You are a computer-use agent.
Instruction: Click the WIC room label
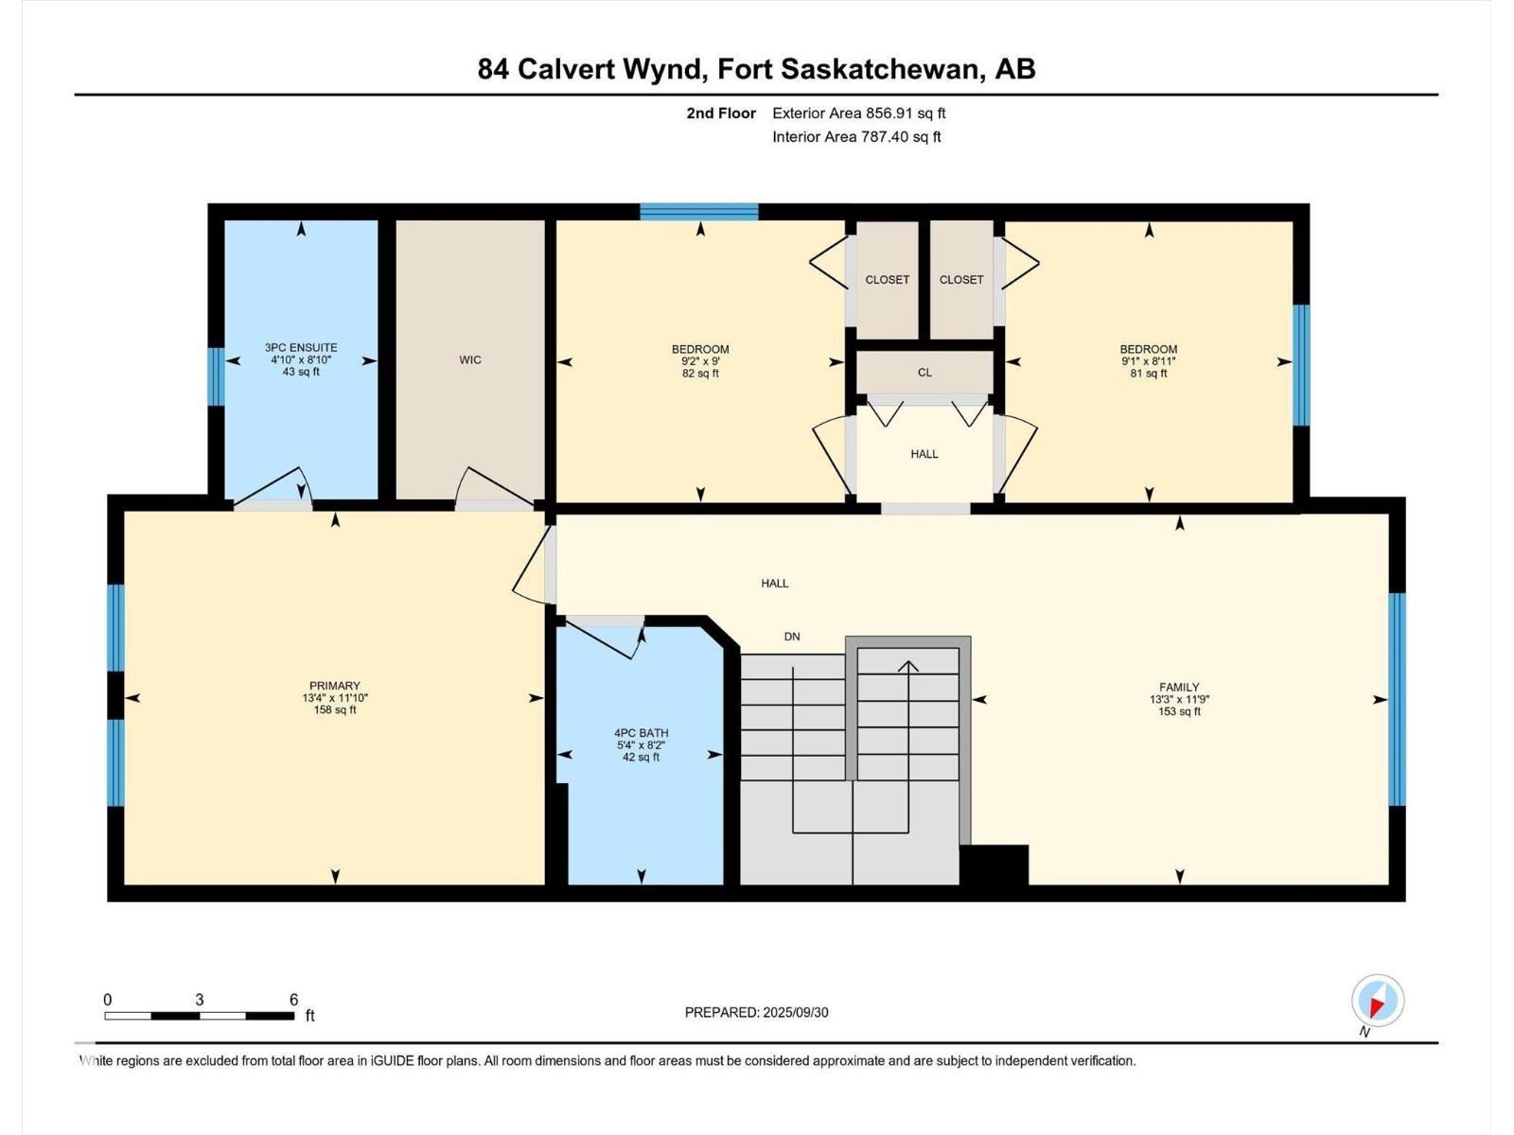point(470,359)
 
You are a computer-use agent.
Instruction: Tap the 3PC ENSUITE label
point(301,348)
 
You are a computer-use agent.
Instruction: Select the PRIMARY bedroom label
point(335,686)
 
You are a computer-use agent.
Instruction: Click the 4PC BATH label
point(641,733)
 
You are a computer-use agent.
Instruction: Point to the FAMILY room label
point(1179,688)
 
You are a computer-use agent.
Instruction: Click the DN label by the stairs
point(792,637)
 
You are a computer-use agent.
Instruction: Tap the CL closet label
point(924,373)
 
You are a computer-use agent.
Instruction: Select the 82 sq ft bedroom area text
point(700,374)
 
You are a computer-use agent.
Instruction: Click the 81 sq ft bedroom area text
point(1149,374)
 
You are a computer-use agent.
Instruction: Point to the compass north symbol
point(1377,1001)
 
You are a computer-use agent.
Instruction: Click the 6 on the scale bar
point(293,1000)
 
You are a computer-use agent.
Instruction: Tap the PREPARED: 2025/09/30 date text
point(756,1012)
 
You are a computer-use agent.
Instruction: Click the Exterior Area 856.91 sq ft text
point(858,113)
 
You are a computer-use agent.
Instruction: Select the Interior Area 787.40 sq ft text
point(856,137)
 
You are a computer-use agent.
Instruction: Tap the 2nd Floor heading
point(721,113)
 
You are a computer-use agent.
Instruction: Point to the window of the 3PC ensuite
point(216,376)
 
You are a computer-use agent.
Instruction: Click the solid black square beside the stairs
point(994,864)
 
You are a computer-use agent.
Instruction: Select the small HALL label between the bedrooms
point(924,454)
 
